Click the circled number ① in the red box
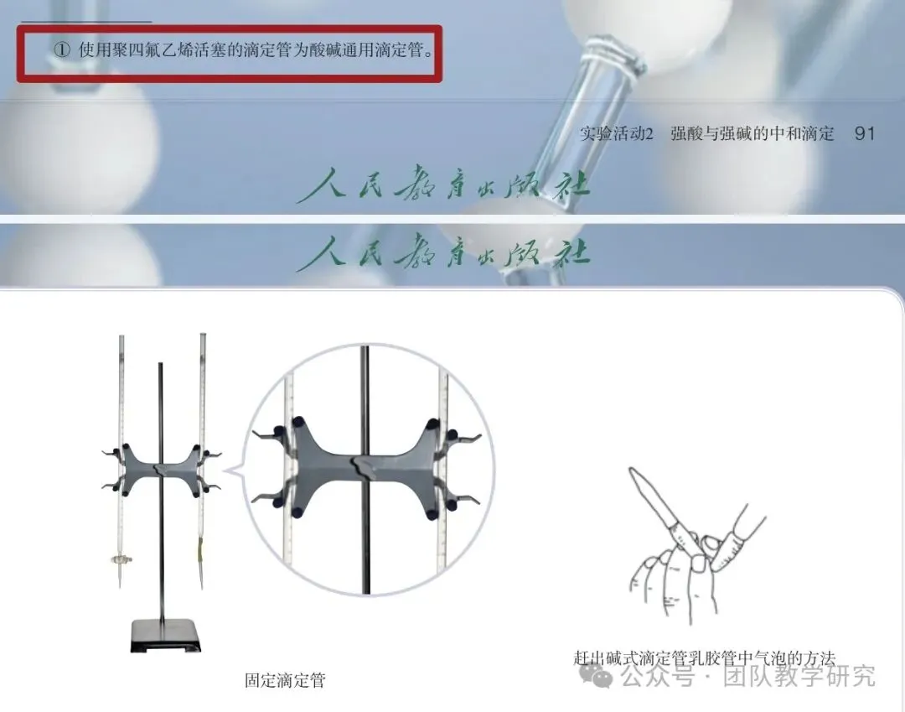(x=62, y=50)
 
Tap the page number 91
(x=864, y=133)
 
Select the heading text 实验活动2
(x=617, y=134)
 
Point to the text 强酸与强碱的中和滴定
(x=752, y=134)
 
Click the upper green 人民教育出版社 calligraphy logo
(x=443, y=184)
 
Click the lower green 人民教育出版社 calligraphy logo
(x=443, y=252)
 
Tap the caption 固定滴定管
(x=285, y=679)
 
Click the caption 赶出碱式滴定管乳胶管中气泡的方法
(x=704, y=658)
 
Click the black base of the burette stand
(x=166, y=635)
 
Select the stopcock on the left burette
(x=121, y=559)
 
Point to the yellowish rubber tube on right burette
(x=201, y=548)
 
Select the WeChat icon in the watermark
(x=596, y=674)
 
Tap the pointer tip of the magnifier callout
(x=224, y=470)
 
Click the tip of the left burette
(x=120, y=587)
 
